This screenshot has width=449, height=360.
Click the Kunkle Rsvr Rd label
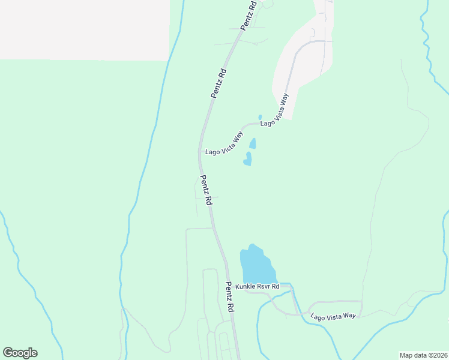258,287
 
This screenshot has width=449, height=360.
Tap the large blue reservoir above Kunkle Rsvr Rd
256,263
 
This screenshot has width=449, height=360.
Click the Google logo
20,353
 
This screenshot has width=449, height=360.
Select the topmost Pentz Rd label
249,15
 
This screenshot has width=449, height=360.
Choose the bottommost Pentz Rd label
229,296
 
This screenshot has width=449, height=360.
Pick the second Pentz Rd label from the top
218,83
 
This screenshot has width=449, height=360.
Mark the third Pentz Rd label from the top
206,189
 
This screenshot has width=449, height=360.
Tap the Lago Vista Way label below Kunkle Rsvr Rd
333,316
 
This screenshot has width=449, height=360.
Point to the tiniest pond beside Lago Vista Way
260,117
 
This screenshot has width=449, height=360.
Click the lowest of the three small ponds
248,159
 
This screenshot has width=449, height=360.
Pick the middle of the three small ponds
253,143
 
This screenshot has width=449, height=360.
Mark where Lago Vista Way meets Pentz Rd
200,152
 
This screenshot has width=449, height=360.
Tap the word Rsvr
265,287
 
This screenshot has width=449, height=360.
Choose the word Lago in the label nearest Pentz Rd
212,152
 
